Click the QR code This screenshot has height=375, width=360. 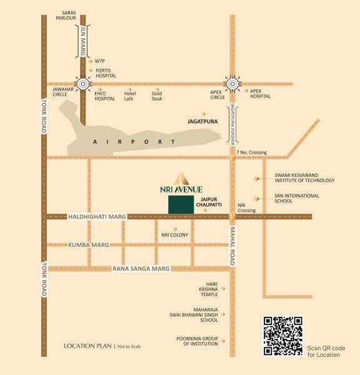[x=284, y=336]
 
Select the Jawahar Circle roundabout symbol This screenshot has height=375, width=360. [x=83, y=83]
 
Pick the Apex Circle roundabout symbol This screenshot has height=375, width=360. [x=232, y=83]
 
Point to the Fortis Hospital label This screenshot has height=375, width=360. [x=106, y=73]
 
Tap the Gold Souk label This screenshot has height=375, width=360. [x=157, y=96]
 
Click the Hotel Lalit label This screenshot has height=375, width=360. [x=131, y=96]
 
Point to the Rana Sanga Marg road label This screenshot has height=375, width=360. [x=141, y=269]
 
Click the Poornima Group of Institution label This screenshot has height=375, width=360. [x=197, y=342]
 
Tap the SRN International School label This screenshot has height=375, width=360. [x=296, y=199]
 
